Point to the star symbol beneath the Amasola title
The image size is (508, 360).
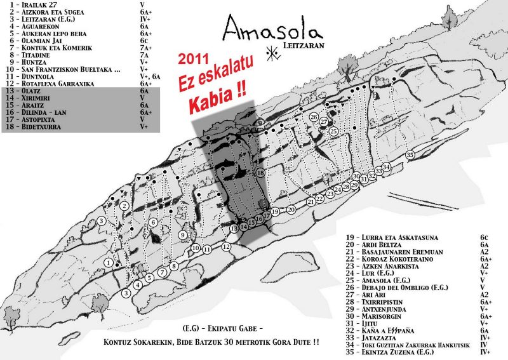click(273, 53)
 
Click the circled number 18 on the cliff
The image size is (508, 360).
click(260, 173)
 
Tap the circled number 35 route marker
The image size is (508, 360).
click(410, 155)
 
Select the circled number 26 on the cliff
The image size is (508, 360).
click(314, 117)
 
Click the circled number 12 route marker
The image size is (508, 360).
click(226, 246)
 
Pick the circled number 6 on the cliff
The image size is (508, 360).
click(153, 222)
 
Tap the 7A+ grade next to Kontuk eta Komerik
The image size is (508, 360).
click(145, 48)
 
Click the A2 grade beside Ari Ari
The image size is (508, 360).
click(484, 295)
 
